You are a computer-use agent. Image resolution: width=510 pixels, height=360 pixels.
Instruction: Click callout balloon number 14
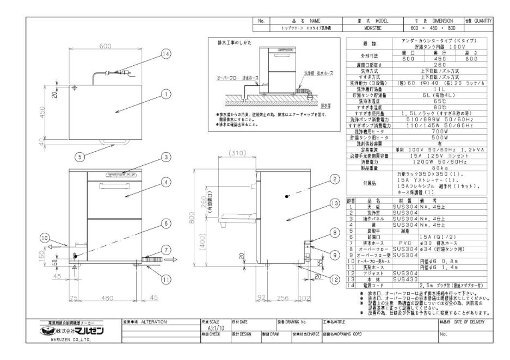tap(166, 53)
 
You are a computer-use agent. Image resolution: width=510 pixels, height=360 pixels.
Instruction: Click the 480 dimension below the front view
tap(107, 297)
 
